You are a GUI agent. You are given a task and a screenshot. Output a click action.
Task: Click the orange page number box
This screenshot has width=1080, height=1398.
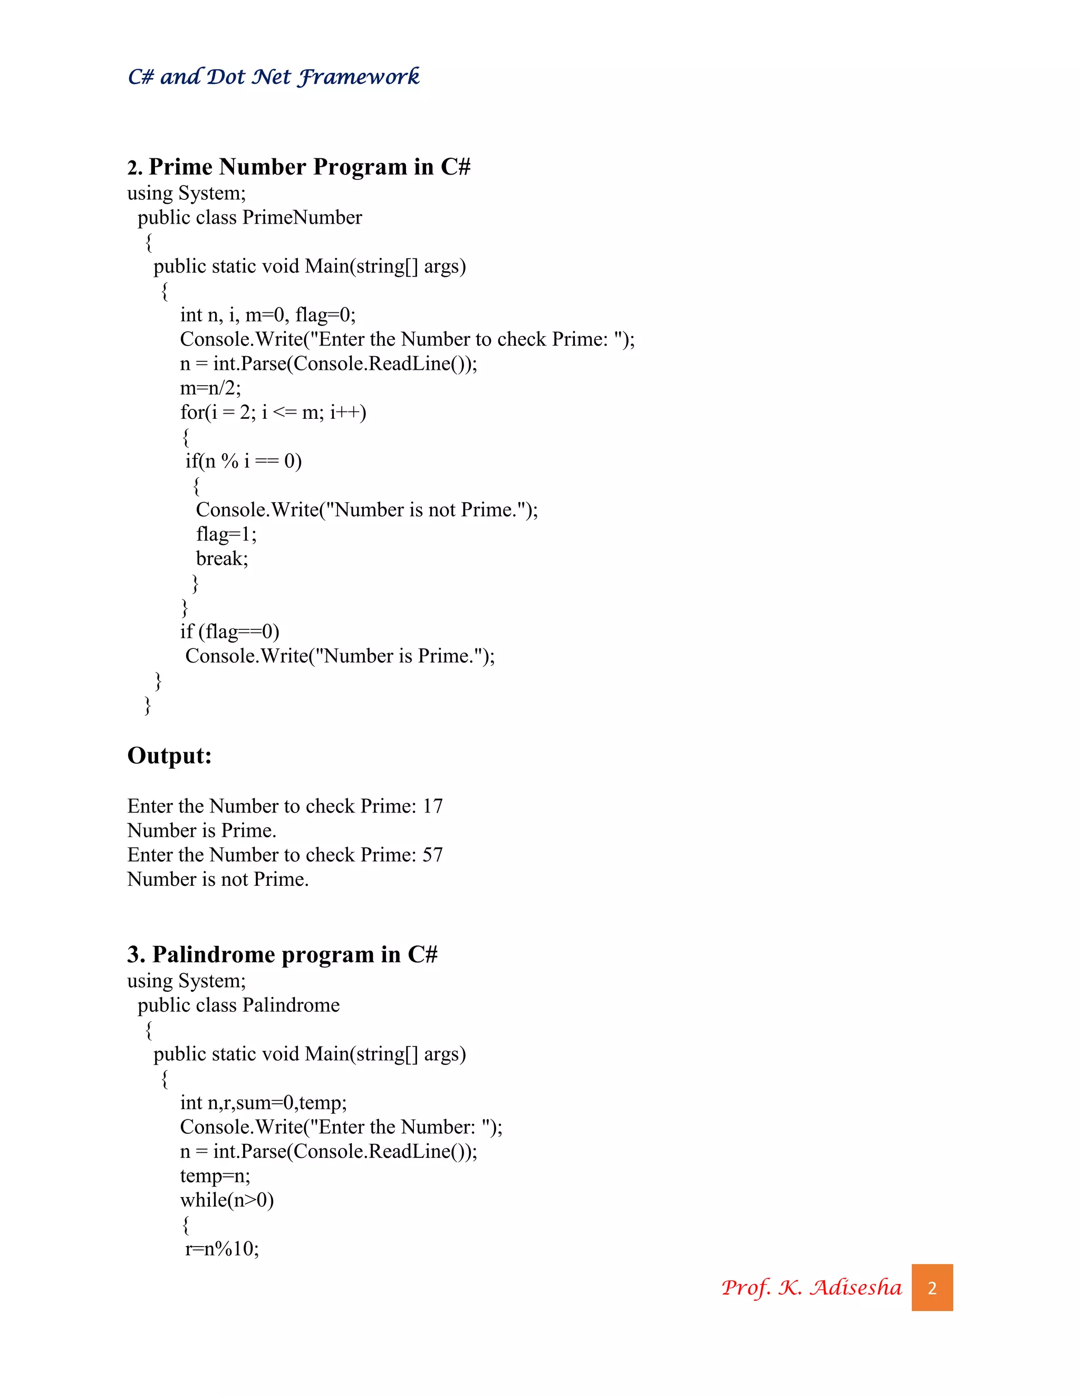[x=932, y=1287]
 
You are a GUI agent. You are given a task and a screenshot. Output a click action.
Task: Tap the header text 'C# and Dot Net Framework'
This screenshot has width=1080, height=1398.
[x=273, y=77]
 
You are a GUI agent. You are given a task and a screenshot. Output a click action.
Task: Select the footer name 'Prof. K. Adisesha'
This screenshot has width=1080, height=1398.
[x=811, y=1287]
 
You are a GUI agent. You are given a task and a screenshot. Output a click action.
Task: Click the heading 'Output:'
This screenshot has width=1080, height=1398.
[x=170, y=756]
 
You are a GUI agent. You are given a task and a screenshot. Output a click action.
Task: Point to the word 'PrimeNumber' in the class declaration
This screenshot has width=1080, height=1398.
[x=302, y=218]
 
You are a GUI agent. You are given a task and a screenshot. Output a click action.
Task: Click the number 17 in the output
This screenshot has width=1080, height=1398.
[x=432, y=806]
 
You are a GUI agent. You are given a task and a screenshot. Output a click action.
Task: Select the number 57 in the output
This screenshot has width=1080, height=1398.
[x=432, y=855]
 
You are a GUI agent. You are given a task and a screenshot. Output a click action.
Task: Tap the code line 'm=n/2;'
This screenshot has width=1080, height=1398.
[x=210, y=388]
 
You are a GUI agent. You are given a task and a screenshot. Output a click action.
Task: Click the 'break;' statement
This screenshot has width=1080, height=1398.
[x=222, y=559]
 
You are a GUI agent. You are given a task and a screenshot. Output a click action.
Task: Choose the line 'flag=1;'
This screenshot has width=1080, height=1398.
[x=226, y=534]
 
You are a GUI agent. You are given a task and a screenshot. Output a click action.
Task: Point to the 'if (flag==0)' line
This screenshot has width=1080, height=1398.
[x=230, y=632]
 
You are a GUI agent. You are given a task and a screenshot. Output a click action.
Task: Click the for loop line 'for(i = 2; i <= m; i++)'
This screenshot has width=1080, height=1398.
[x=273, y=412]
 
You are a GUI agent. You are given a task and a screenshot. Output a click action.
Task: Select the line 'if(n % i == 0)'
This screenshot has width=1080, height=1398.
[x=243, y=461]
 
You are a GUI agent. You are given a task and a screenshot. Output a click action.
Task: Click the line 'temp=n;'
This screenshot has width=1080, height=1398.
[x=215, y=1176]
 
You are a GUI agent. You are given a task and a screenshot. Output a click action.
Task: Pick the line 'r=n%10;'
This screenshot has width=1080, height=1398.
[x=222, y=1249]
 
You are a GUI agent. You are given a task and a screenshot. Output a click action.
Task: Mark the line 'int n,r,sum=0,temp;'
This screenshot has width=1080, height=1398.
[x=263, y=1103]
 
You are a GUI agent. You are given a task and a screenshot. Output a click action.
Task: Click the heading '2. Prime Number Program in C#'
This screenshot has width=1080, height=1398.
[x=299, y=167]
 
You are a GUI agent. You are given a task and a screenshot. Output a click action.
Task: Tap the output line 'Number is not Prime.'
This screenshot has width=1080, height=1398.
[x=218, y=879]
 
